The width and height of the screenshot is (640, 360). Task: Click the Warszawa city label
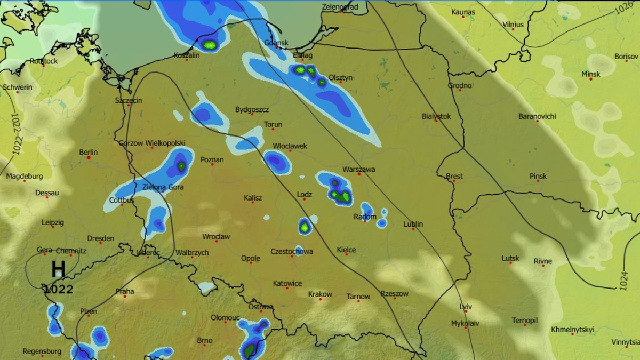tap(358, 169)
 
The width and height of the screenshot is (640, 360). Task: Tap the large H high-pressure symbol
tap(58, 269)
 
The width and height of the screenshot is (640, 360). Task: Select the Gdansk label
tap(276, 43)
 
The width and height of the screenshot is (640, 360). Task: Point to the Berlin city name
tap(88, 152)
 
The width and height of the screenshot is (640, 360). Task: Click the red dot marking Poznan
tap(212, 164)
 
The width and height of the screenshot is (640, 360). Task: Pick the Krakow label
tap(320, 294)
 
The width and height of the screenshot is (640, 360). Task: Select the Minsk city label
tap(590, 74)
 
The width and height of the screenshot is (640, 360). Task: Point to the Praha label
tap(125, 292)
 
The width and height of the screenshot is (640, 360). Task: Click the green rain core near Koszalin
tap(210, 45)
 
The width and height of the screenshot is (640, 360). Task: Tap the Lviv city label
tap(466, 307)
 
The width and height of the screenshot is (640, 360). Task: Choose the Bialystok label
tap(436, 116)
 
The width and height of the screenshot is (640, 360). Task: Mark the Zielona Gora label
tap(163, 187)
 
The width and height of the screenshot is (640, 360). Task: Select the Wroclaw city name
tap(216, 236)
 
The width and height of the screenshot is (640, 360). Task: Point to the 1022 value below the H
tap(58, 290)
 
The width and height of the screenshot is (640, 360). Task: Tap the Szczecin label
tap(129, 100)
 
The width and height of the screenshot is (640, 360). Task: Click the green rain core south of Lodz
tap(305, 227)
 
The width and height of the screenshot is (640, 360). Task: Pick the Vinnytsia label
tap(625, 342)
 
